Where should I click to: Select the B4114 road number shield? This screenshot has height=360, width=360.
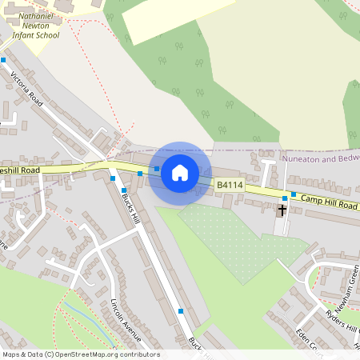(x=230, y=186)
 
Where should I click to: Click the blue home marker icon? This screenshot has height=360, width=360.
(x=180, y=172)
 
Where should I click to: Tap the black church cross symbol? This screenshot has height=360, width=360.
(x=282, y=211)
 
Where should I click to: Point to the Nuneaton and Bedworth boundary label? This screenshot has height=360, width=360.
(x=319, y=159)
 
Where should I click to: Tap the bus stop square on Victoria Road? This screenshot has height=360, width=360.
(x=3, y=60)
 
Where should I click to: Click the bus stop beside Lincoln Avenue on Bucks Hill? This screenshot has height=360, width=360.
(x=181, y=310)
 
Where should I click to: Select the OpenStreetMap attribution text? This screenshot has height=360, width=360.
(x=81, y=354)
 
